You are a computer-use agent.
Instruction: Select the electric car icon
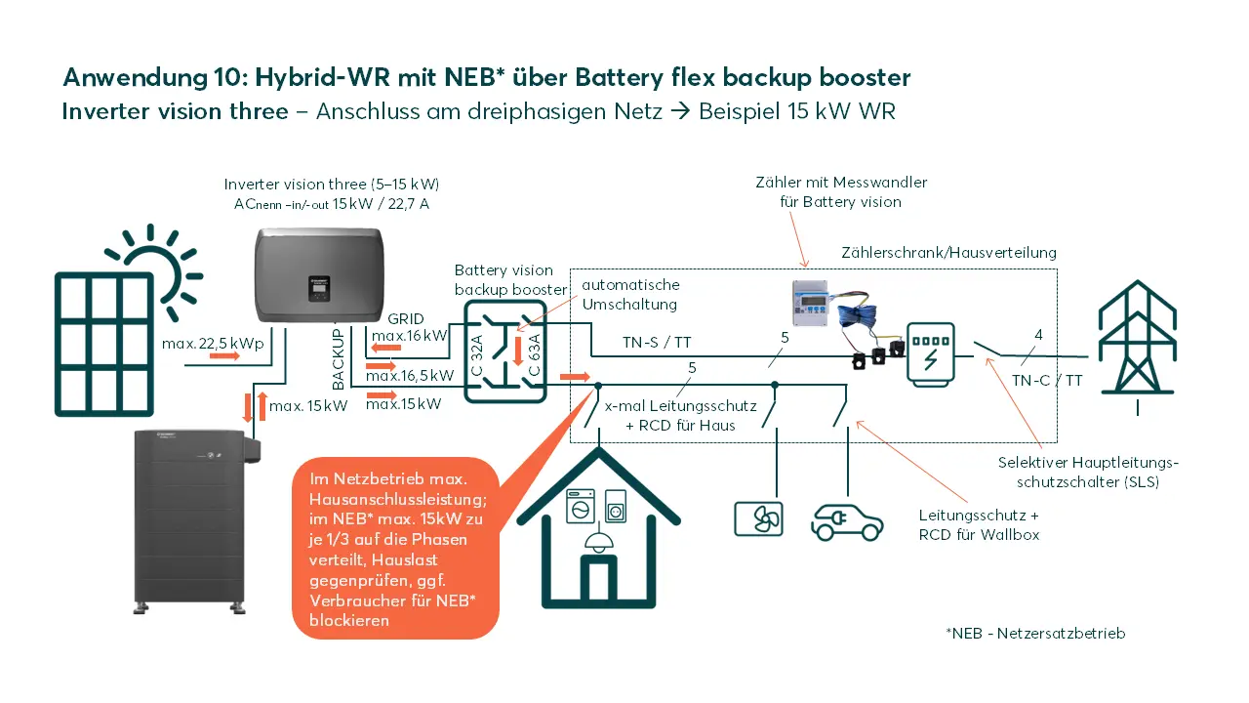coord(847,521)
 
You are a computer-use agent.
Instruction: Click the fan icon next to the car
coord(758,518)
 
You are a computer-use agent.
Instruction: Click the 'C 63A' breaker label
coord(534,354)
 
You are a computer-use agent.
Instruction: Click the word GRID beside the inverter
coord(406,319)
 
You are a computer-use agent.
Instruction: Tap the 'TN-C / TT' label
coord(1047,381)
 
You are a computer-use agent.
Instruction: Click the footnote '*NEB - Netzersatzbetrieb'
coord(1035,634)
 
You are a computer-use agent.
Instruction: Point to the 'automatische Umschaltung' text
coord(630,294)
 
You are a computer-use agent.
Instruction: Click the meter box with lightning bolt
coord(930,354)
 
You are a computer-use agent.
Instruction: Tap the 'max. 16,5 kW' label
coord(410,375)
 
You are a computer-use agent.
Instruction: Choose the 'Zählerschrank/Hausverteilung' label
coord(948,253)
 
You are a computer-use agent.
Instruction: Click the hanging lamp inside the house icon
coord(591,540)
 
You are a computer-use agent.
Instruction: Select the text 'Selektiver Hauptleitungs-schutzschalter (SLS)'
coord(1088,472)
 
